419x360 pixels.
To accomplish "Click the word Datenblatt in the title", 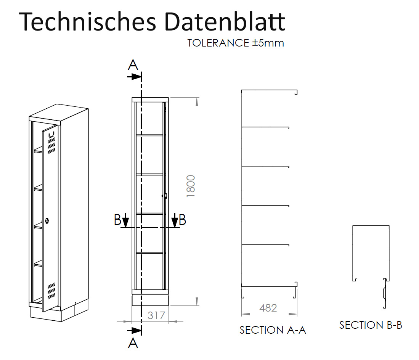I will [225, 22].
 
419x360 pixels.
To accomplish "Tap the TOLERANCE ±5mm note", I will [236, 43].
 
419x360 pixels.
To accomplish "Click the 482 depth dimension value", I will [268, 308].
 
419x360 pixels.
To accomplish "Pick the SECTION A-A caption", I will [273, 330].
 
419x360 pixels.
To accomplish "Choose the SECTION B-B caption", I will [371, 325].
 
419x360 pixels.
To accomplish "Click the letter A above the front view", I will [133, 65].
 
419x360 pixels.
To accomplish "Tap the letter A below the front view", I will [133, 344].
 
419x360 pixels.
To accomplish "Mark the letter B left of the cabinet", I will [117, 220].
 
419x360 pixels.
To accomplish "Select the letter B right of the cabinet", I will [183, 220].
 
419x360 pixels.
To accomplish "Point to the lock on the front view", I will [165, 196].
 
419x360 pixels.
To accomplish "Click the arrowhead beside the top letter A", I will [135, 76].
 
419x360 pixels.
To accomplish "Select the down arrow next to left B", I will [126, 221].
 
